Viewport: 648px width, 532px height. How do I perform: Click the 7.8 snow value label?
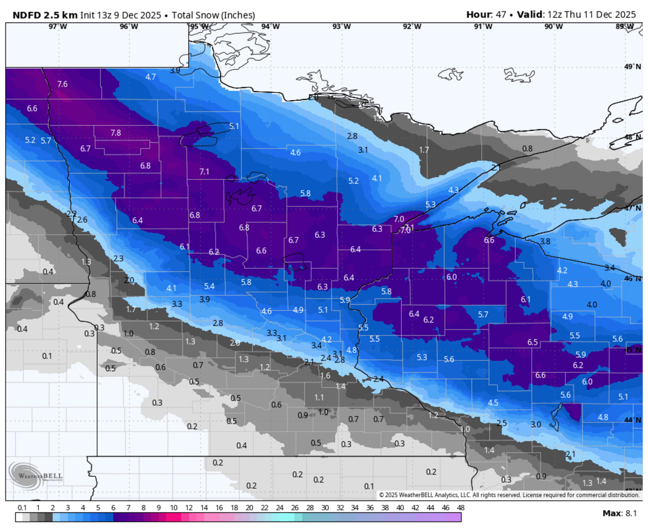click(x=116, y=132)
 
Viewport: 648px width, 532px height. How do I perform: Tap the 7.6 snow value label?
click(x=63, y=84)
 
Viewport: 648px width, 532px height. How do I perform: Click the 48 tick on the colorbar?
click(x=460, y=508)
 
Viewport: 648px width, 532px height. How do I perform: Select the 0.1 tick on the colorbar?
click(x=22, y=508)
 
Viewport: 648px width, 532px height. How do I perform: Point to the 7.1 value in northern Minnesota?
click(x=204, y=172)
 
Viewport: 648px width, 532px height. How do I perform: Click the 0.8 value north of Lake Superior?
click(x=527, y=148)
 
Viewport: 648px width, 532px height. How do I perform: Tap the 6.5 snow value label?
click(x=532, y=342)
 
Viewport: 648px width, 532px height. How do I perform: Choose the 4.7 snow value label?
click(x=151, y=77)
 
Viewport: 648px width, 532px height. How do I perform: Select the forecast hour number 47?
click(x=501, y=15)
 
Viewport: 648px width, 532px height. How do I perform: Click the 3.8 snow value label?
click(x=545, y=241)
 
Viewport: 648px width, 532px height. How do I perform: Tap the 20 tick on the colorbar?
click(x=249, y=508)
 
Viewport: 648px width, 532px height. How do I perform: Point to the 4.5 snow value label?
click(x=493, y=403)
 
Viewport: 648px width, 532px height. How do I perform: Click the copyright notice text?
click(x=509, y=495)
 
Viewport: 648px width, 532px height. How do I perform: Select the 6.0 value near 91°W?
click(x=452, y=277)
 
